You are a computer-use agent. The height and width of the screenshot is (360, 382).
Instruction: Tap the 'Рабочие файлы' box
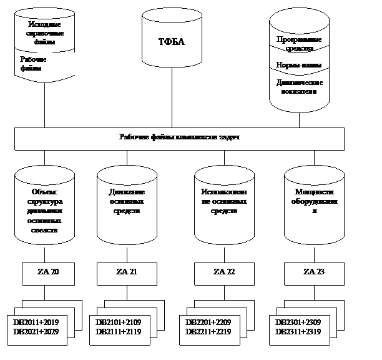point(45,64)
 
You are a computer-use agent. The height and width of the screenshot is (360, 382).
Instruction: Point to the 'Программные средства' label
point(298,43)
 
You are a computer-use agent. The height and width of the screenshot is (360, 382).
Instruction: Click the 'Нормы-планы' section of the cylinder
point(298,65)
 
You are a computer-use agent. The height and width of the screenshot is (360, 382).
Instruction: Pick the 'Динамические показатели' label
point(298,86)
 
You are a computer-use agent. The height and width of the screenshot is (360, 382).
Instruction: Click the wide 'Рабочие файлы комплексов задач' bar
point(179,138)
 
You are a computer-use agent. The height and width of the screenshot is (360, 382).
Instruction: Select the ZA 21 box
point(127,272)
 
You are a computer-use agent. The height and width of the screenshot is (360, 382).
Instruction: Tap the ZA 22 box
point(224,272)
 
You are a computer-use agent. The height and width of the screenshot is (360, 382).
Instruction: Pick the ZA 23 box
point(314,272)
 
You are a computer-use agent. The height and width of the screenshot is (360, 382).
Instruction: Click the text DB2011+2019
point(36,321)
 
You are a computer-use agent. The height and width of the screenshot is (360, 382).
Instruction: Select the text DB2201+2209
point(210,321)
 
